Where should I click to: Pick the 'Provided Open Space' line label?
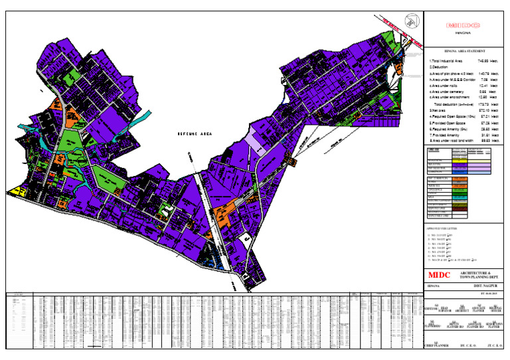[x=448, y=123]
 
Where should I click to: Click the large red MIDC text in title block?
[x=439, y=275]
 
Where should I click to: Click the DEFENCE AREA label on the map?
[x=193, y=134]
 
